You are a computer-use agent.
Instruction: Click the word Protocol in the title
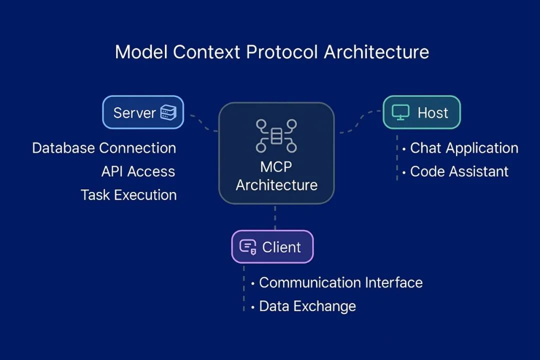[281, 52]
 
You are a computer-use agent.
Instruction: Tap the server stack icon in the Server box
[168, 112]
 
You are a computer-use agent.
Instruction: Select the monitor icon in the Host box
[400, 112]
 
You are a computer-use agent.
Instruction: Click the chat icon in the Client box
[247, 247]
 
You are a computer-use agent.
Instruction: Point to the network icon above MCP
[276, 135]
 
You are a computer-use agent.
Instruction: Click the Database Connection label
[104, 148]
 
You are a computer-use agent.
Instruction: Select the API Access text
[138, 171]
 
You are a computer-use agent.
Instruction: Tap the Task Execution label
[128, 195]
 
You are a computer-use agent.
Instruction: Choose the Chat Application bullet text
[464, 148]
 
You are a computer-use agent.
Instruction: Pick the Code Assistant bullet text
[459, 171]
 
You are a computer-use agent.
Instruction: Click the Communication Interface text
[341, 282]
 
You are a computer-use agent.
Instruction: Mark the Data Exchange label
[307, 306]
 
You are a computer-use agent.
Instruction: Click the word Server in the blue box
[134, 113]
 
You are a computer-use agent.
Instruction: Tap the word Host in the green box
[433, 113]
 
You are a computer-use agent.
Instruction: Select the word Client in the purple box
[281, 247]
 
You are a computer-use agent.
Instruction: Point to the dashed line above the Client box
[275, 217]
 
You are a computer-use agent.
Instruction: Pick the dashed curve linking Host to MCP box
[360, 121]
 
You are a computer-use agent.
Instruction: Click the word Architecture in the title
[376, 52]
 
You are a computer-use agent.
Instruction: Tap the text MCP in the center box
[276, 166]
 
